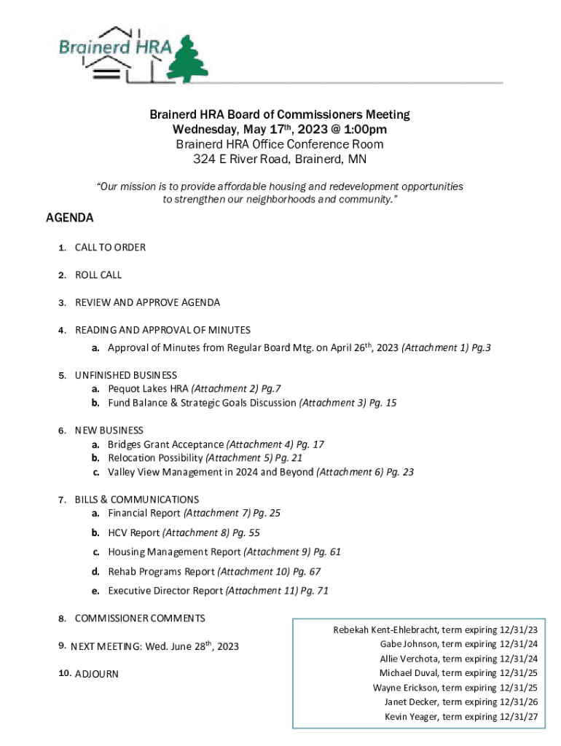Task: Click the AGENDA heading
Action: (x=70, y=218)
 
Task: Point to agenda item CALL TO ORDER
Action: (x=110, y=248)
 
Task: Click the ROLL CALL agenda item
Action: (x=98, y=275)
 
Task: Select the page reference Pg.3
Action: (x=481, y=348)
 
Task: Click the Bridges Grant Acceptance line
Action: (x=165, y=444)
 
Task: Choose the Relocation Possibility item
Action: (x=155, y=458)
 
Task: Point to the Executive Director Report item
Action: (x=165, y=591)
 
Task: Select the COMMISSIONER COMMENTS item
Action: (x=140, y=619)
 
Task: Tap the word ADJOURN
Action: (x=97, y=674)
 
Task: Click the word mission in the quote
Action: (x=138, y=187)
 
